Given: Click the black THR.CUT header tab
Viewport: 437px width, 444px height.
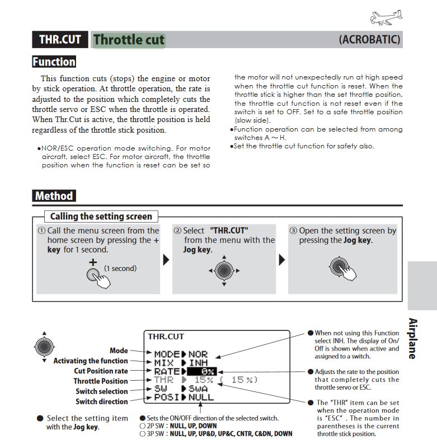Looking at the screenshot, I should coord(60,40).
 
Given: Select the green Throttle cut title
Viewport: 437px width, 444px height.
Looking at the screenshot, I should coord(129,40).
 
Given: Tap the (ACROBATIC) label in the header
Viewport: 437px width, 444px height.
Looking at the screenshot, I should coord(369,40).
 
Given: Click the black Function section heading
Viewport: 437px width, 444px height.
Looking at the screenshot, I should coord(54,62).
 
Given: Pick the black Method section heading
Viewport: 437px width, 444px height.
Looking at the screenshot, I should coord(54,196).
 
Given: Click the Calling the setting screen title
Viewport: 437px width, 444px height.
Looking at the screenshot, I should coord(101,216).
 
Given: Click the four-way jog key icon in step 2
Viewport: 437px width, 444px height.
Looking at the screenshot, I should coord(223,271).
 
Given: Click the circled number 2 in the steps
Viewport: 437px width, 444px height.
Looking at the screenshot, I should coord(177,231).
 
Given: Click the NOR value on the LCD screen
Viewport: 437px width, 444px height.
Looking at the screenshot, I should coord(198,354).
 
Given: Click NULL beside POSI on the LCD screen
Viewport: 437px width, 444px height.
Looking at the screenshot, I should coord(201,397).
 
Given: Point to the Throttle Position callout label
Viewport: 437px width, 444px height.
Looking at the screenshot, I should coord(101,381).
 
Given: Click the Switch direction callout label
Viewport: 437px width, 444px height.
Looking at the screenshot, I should coord(101,401).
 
